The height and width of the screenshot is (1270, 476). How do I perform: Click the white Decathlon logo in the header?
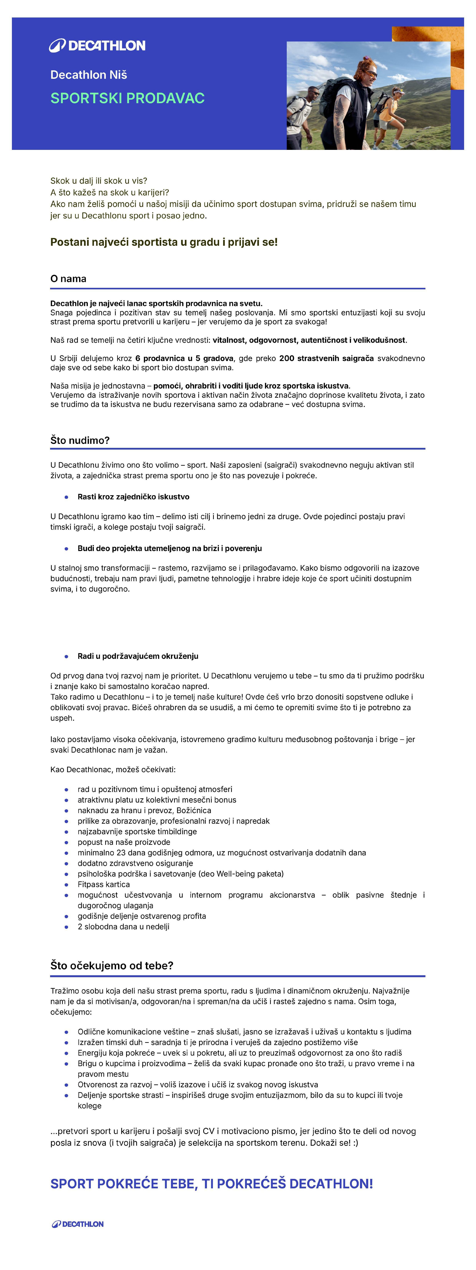97,46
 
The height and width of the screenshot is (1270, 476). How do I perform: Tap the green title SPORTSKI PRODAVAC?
127,98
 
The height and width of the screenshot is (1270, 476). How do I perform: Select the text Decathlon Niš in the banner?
89,75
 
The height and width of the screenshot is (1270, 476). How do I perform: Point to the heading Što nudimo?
80,440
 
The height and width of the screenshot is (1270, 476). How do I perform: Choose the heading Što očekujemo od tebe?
112,965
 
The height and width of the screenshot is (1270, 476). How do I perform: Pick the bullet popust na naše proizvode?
124,842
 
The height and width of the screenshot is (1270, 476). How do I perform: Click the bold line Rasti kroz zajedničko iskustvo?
133,497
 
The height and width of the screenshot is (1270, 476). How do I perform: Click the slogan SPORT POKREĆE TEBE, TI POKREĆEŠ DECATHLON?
211,1184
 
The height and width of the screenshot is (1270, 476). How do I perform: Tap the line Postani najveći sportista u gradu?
164,242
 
